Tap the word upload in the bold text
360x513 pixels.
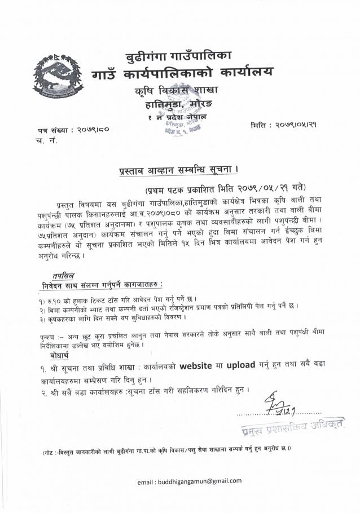(241, 365)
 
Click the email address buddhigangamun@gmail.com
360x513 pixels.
(190, 481)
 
